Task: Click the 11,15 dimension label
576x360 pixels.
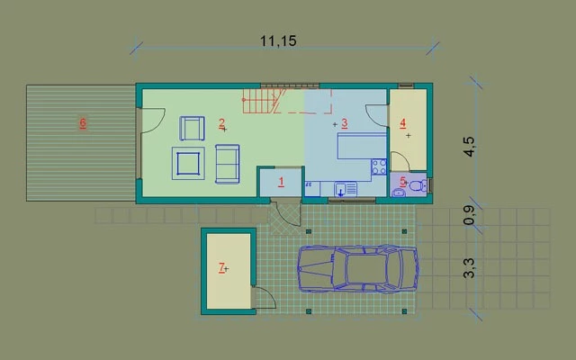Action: coord(278,40)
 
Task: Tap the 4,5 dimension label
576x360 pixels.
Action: coord(470,147)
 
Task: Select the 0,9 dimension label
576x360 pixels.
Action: coord(470,215)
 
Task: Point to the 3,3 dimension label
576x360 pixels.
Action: coord(470,268)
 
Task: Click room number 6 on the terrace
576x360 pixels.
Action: coord(83,122)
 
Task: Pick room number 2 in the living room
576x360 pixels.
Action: coord(222,123)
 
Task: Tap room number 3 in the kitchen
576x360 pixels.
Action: coord(344,123)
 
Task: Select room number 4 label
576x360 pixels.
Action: coord(402,123)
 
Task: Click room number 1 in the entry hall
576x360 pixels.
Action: coord(282,182)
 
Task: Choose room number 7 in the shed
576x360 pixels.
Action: coord(221,267)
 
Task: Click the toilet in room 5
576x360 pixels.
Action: coord(418,186)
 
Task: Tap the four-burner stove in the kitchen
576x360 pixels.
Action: coord(379,166)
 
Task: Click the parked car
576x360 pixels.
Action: coord(357,269)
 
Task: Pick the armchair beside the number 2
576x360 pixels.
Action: coord(192,128)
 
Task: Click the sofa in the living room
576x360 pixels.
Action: coord(228,164)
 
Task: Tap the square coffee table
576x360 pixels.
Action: coord(188,164)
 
